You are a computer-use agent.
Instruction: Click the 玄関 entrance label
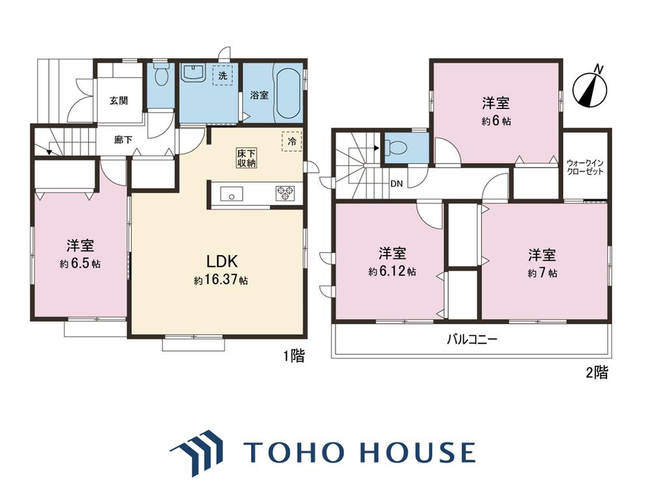click(x=119, y=100)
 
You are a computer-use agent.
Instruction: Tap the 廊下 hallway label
click(x=123, y=140)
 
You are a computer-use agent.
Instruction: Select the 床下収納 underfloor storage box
click(x=246, y=158)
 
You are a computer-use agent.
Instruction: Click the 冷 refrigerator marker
click(x=292, y=141)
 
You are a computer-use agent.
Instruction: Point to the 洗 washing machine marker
click(x=223, y=76)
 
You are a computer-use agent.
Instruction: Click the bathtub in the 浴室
click(x=288, y=93)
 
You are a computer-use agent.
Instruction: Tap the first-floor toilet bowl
click(x=160, y=74)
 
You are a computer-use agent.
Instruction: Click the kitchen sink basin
click(x=231, y=194)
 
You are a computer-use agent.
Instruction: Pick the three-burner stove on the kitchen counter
click(x=286, y=194)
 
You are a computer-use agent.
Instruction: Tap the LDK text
click(x=222, y=261)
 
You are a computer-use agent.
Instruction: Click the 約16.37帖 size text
click(x=221, y=280)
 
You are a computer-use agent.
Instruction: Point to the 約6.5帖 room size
click(x=80, y=263)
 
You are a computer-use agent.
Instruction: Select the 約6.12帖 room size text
click(x=392, y=271)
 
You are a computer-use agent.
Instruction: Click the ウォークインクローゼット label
click(x=585, y=167)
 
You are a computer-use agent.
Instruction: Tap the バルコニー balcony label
click(x=472, y=340)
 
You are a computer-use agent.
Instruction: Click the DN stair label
click(x=396, y=183)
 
